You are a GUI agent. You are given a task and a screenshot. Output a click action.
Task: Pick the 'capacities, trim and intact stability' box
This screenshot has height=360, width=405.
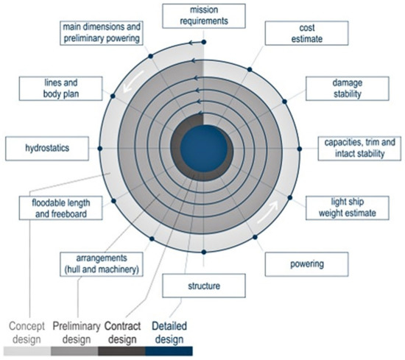click(359, 147)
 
